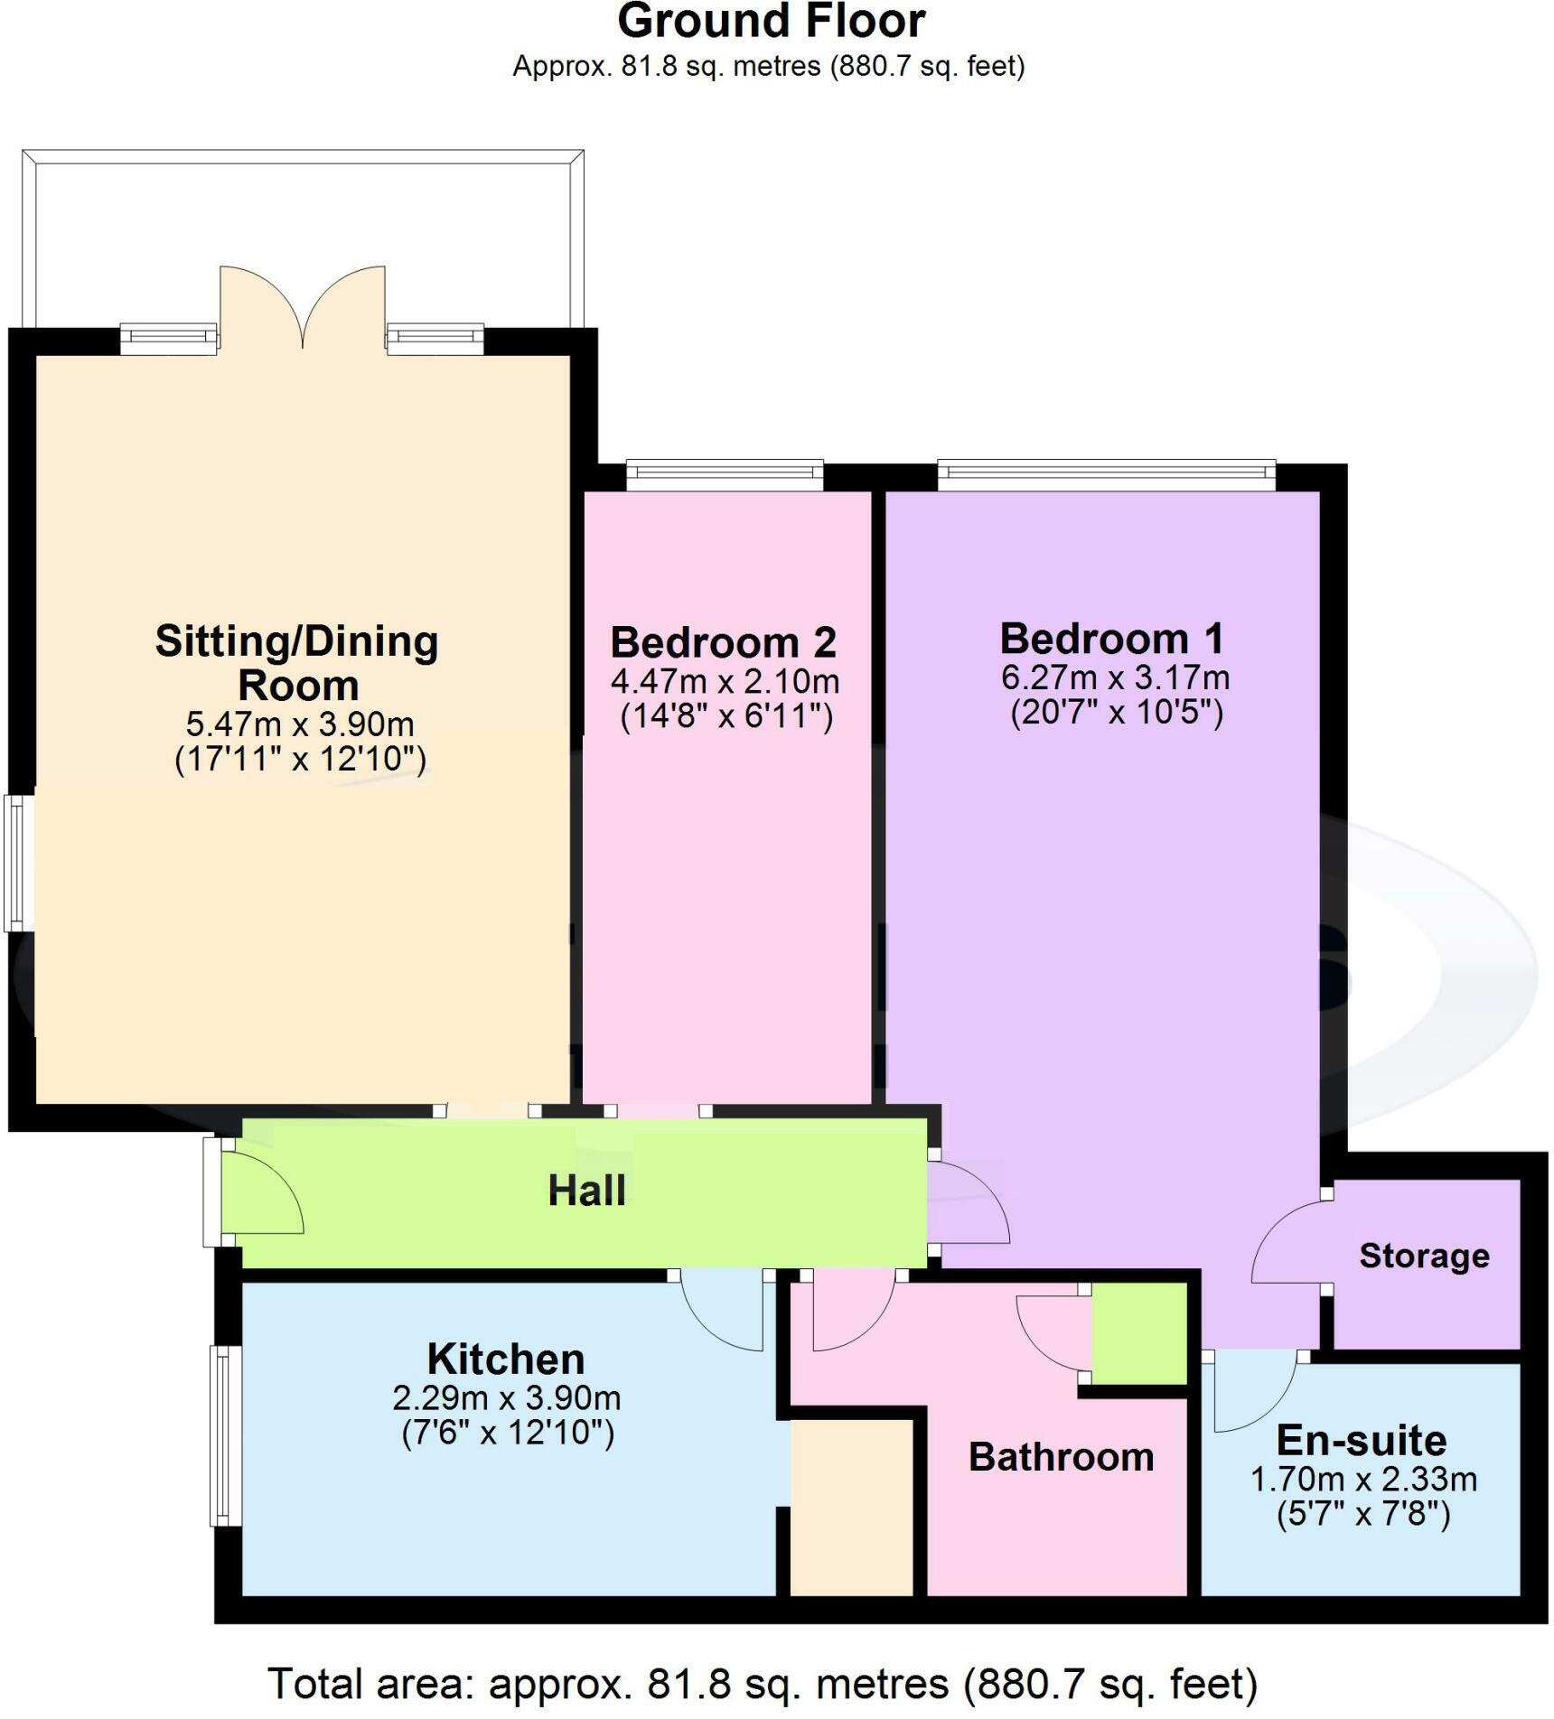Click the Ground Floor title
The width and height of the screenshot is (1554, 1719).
pos(771,22)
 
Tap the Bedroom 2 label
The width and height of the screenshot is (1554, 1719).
pos(723,643)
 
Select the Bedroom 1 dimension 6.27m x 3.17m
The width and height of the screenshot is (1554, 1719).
pos(1115,677)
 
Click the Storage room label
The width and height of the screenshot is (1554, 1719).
pos(1424,1256)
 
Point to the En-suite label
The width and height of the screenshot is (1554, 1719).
pos(1361,1440)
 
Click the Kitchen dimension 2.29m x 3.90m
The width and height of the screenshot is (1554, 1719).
pos(506,1398)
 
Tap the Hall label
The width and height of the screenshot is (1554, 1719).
pos(586,1191)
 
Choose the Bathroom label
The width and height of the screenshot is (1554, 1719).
pos(1061,1457)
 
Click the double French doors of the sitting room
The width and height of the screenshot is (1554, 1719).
pos(303,307)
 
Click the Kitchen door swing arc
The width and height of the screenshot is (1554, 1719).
pos(723,1314)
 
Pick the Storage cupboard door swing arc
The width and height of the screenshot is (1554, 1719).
pos(1287,1242)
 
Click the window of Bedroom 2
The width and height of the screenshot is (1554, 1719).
pos(725,475)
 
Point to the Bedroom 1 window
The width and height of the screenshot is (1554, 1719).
pos(1106,475)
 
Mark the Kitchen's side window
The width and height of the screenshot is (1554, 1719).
pos(226,1435)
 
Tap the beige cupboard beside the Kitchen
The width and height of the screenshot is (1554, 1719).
pos(851,1509)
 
